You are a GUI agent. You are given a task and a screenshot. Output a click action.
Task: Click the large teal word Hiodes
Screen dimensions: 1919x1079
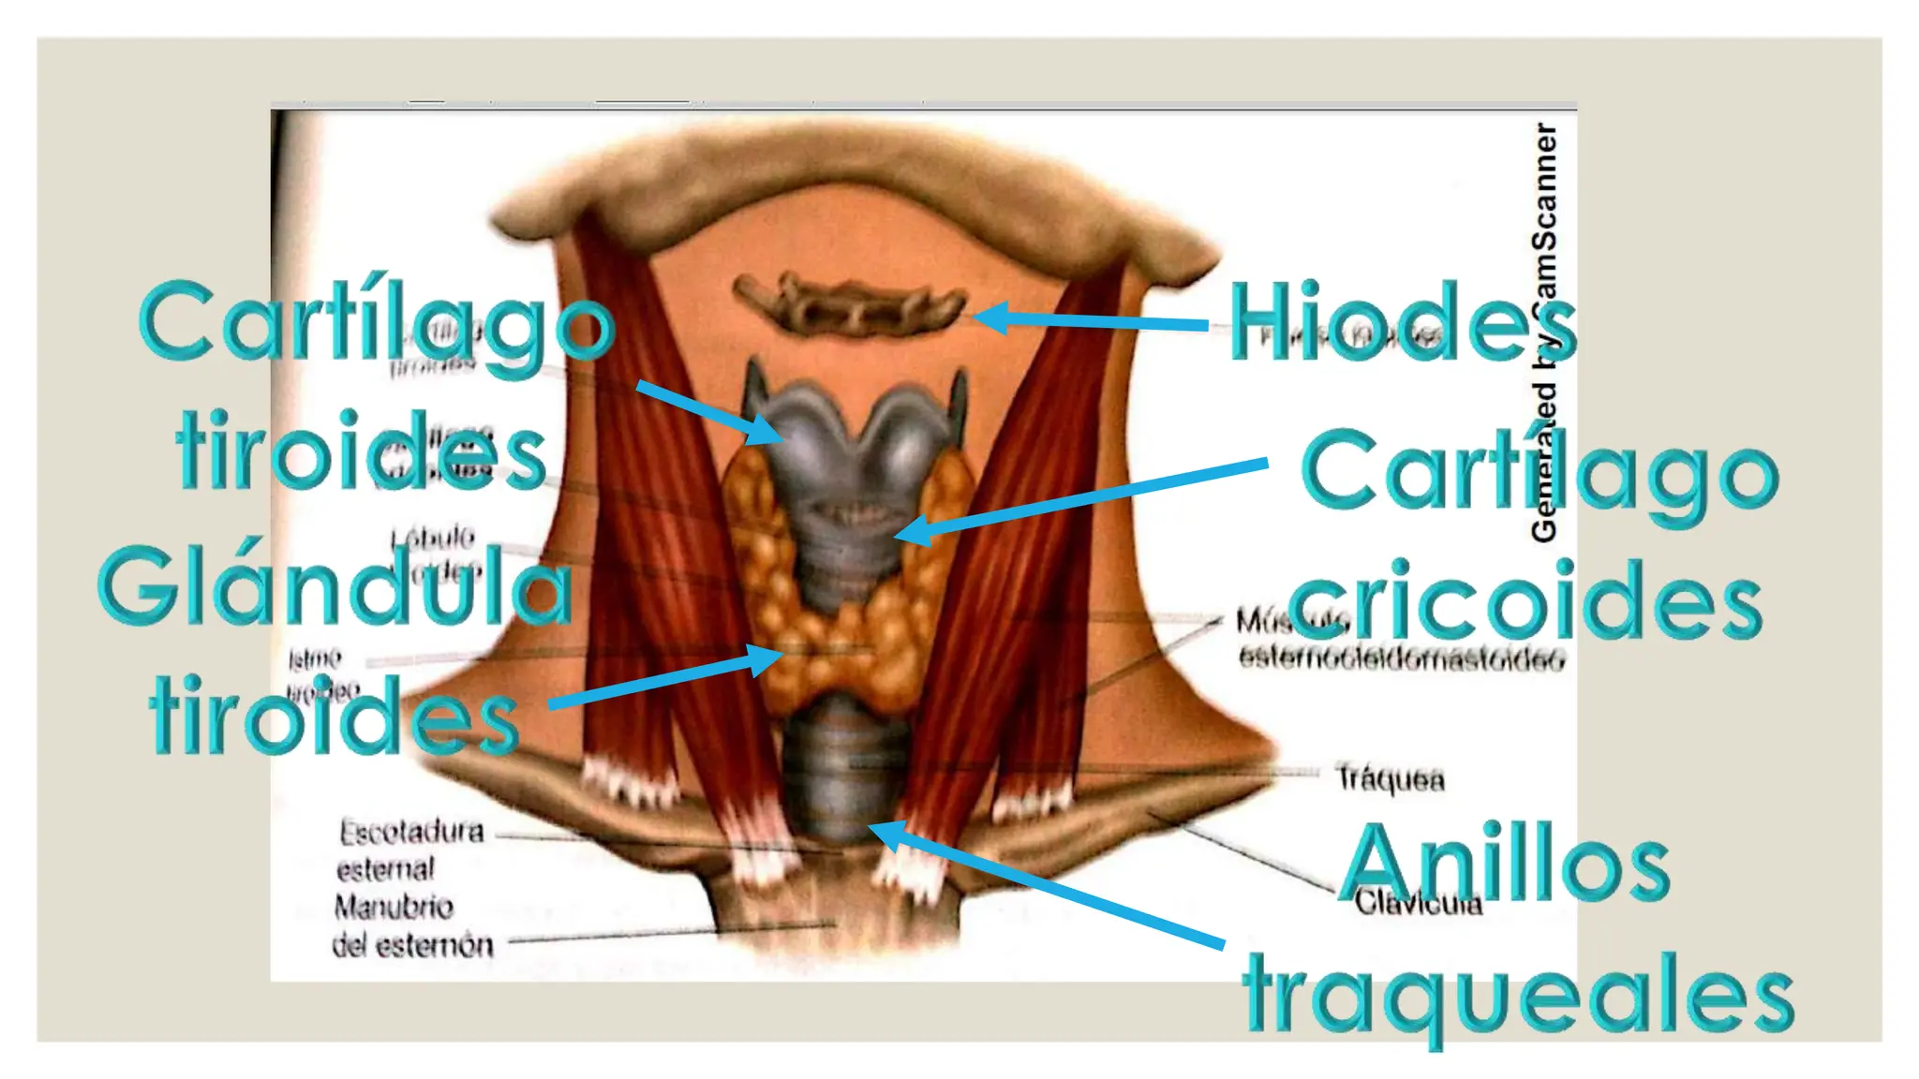pyautogui.click(x=1401, y=323)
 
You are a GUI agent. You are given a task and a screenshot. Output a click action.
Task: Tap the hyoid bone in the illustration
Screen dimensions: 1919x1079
pyautogui.click(x=848, y=304)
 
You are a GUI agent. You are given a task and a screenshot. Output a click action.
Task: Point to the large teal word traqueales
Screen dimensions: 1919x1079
pyautogui.click(x=1518, y=995)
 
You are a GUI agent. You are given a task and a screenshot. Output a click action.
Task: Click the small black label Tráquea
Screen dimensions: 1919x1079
pyautogui.click(x=1390, y=778)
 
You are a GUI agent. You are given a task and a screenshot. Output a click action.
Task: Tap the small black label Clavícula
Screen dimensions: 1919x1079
pyautogui.click(x=1418, y=903)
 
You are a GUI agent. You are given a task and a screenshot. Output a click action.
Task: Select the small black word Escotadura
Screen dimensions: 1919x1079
pyautogui.click(x=411, y=832)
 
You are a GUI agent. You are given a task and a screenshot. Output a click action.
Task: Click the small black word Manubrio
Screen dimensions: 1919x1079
pyautogui.click(x=394, y=907)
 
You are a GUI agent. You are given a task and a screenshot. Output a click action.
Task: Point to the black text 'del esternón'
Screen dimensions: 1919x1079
pyautogui.click(x=412, y=945)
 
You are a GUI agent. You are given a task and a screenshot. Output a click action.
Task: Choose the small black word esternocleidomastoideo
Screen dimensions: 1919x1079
pyautogui.click(x=1401, y=658)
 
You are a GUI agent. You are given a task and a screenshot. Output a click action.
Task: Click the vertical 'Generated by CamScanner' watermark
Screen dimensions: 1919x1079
pyautogui.click(x=1543, y=333)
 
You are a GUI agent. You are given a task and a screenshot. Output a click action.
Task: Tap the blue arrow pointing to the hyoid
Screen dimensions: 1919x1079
pyautogui.click(x=1092, y=320)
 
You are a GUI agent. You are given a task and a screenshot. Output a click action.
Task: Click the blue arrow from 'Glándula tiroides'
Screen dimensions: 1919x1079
pyautogui.click(x=665, y=679)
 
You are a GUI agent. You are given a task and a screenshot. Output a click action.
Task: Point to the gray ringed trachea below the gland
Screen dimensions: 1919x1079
pyautogui.click(x=839, y=773)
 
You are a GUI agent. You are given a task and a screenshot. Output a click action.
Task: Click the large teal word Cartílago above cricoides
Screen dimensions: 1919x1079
pyautogui.click(x=1540, y=473)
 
